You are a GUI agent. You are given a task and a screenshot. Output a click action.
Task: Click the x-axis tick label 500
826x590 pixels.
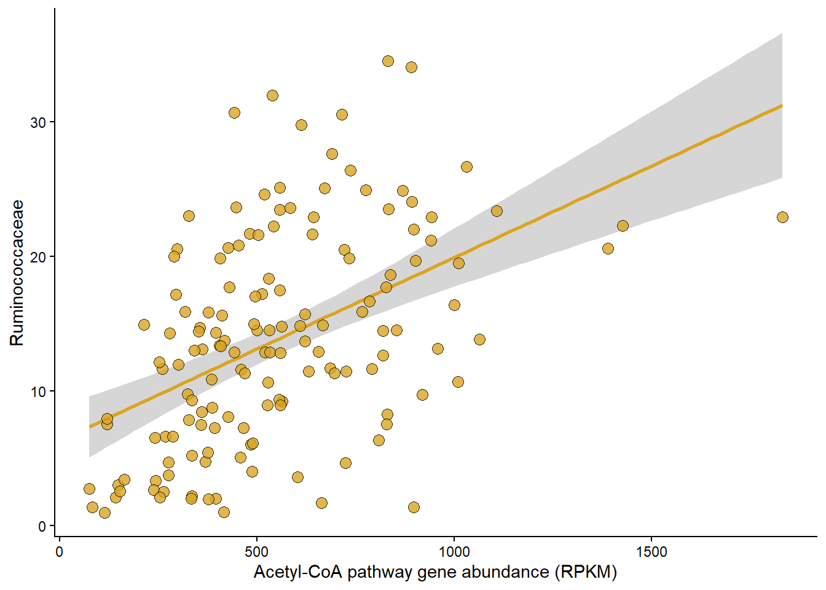(257, 552)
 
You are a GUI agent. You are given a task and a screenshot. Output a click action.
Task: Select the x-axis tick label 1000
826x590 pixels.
(454, 552)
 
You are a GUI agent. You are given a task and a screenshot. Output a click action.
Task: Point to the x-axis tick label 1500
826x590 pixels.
(652, 552)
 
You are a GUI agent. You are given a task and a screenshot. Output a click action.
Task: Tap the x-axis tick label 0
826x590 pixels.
(59, 552)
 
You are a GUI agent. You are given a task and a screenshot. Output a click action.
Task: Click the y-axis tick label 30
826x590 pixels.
(38, 122)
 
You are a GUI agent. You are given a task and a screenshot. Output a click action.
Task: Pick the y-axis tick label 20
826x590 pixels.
(38, 257)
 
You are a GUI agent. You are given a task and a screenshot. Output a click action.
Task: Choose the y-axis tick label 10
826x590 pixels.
(38, 391)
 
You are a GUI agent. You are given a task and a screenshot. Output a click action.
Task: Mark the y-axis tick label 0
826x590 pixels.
(42, 526)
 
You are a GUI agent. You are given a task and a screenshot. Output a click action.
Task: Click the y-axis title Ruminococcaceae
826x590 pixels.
(17, 272)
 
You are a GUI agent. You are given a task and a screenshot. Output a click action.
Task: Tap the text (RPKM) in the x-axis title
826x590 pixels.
(585, 572)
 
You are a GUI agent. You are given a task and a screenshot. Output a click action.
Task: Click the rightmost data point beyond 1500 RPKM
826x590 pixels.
(782, 217)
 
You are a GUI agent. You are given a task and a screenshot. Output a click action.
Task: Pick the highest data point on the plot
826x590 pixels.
(388, 61)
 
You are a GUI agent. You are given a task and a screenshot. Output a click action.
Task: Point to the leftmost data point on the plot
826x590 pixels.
(89, 489)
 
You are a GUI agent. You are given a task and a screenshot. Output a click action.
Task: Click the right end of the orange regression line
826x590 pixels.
(782, 106)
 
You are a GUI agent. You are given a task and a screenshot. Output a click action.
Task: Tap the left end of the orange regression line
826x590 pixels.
(90, 426)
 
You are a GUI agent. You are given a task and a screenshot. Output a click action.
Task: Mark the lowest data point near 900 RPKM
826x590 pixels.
(414, 507)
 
